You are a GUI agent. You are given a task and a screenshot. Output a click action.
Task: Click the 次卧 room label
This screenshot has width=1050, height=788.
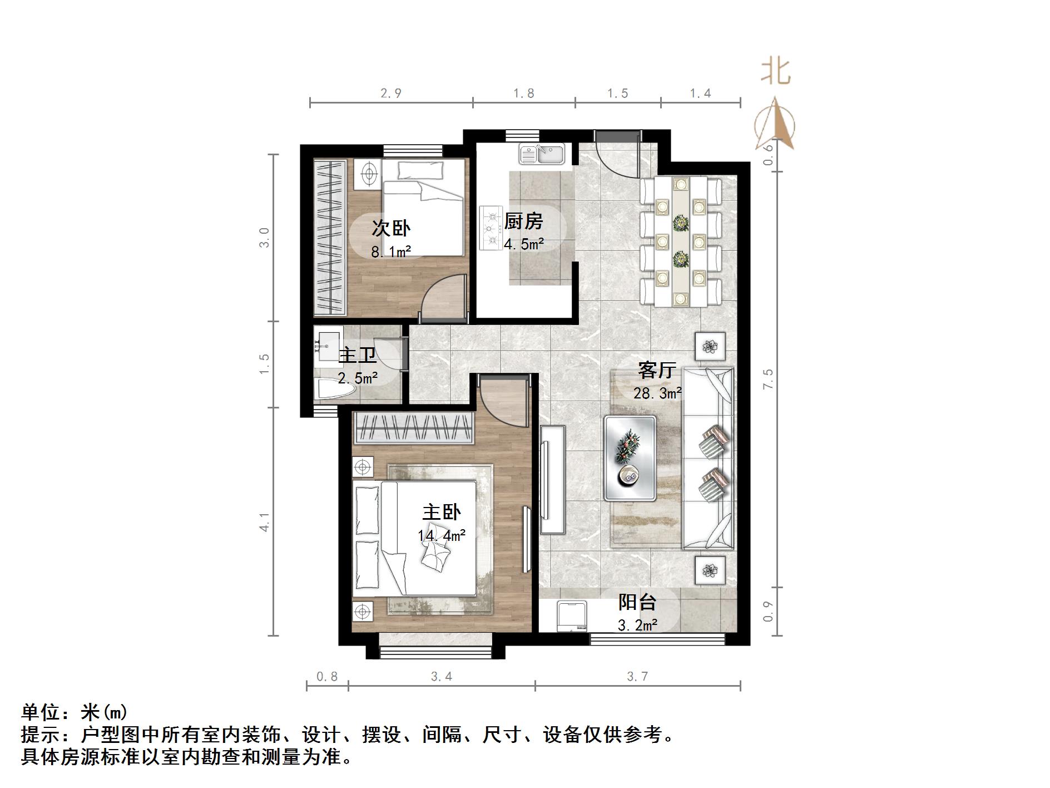[x=390, y=228]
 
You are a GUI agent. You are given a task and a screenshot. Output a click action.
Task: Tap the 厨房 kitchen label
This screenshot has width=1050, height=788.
[x=523, y=221]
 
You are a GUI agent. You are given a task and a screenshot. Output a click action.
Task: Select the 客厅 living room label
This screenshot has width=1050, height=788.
[x=657, y=370]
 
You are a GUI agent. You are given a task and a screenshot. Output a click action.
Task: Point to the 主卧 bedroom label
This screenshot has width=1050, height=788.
[x=442, y=512]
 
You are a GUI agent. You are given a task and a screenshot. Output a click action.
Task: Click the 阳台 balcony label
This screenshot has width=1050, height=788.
[x=637, y=602]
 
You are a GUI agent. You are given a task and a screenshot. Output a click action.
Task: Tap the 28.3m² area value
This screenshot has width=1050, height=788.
[x=657, y=393]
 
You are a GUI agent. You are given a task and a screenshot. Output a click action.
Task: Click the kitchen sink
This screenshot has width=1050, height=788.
[x=542, y=154]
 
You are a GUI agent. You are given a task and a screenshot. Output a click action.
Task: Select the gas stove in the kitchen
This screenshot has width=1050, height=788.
[x=492, y=228]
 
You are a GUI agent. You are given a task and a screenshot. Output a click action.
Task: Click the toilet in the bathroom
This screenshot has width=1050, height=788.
[x=335, y=389]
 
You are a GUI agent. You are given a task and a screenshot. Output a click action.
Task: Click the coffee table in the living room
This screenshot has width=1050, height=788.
[x=630, y=457]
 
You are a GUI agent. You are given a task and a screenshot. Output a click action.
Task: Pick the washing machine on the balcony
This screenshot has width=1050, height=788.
[x=572, y=616]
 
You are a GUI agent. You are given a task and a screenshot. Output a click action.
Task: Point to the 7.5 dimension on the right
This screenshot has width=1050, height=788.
[x=768, y=379]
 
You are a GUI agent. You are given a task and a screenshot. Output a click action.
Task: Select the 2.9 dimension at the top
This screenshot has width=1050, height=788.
[x=391, y=93]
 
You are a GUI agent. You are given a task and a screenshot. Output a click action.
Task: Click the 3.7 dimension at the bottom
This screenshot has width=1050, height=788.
[x=637, y=676]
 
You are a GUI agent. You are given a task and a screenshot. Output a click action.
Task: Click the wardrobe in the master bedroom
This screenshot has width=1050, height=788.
[x=413, y=428]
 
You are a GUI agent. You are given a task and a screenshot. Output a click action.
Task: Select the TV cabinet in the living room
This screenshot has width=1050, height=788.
[x=552, y=479]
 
